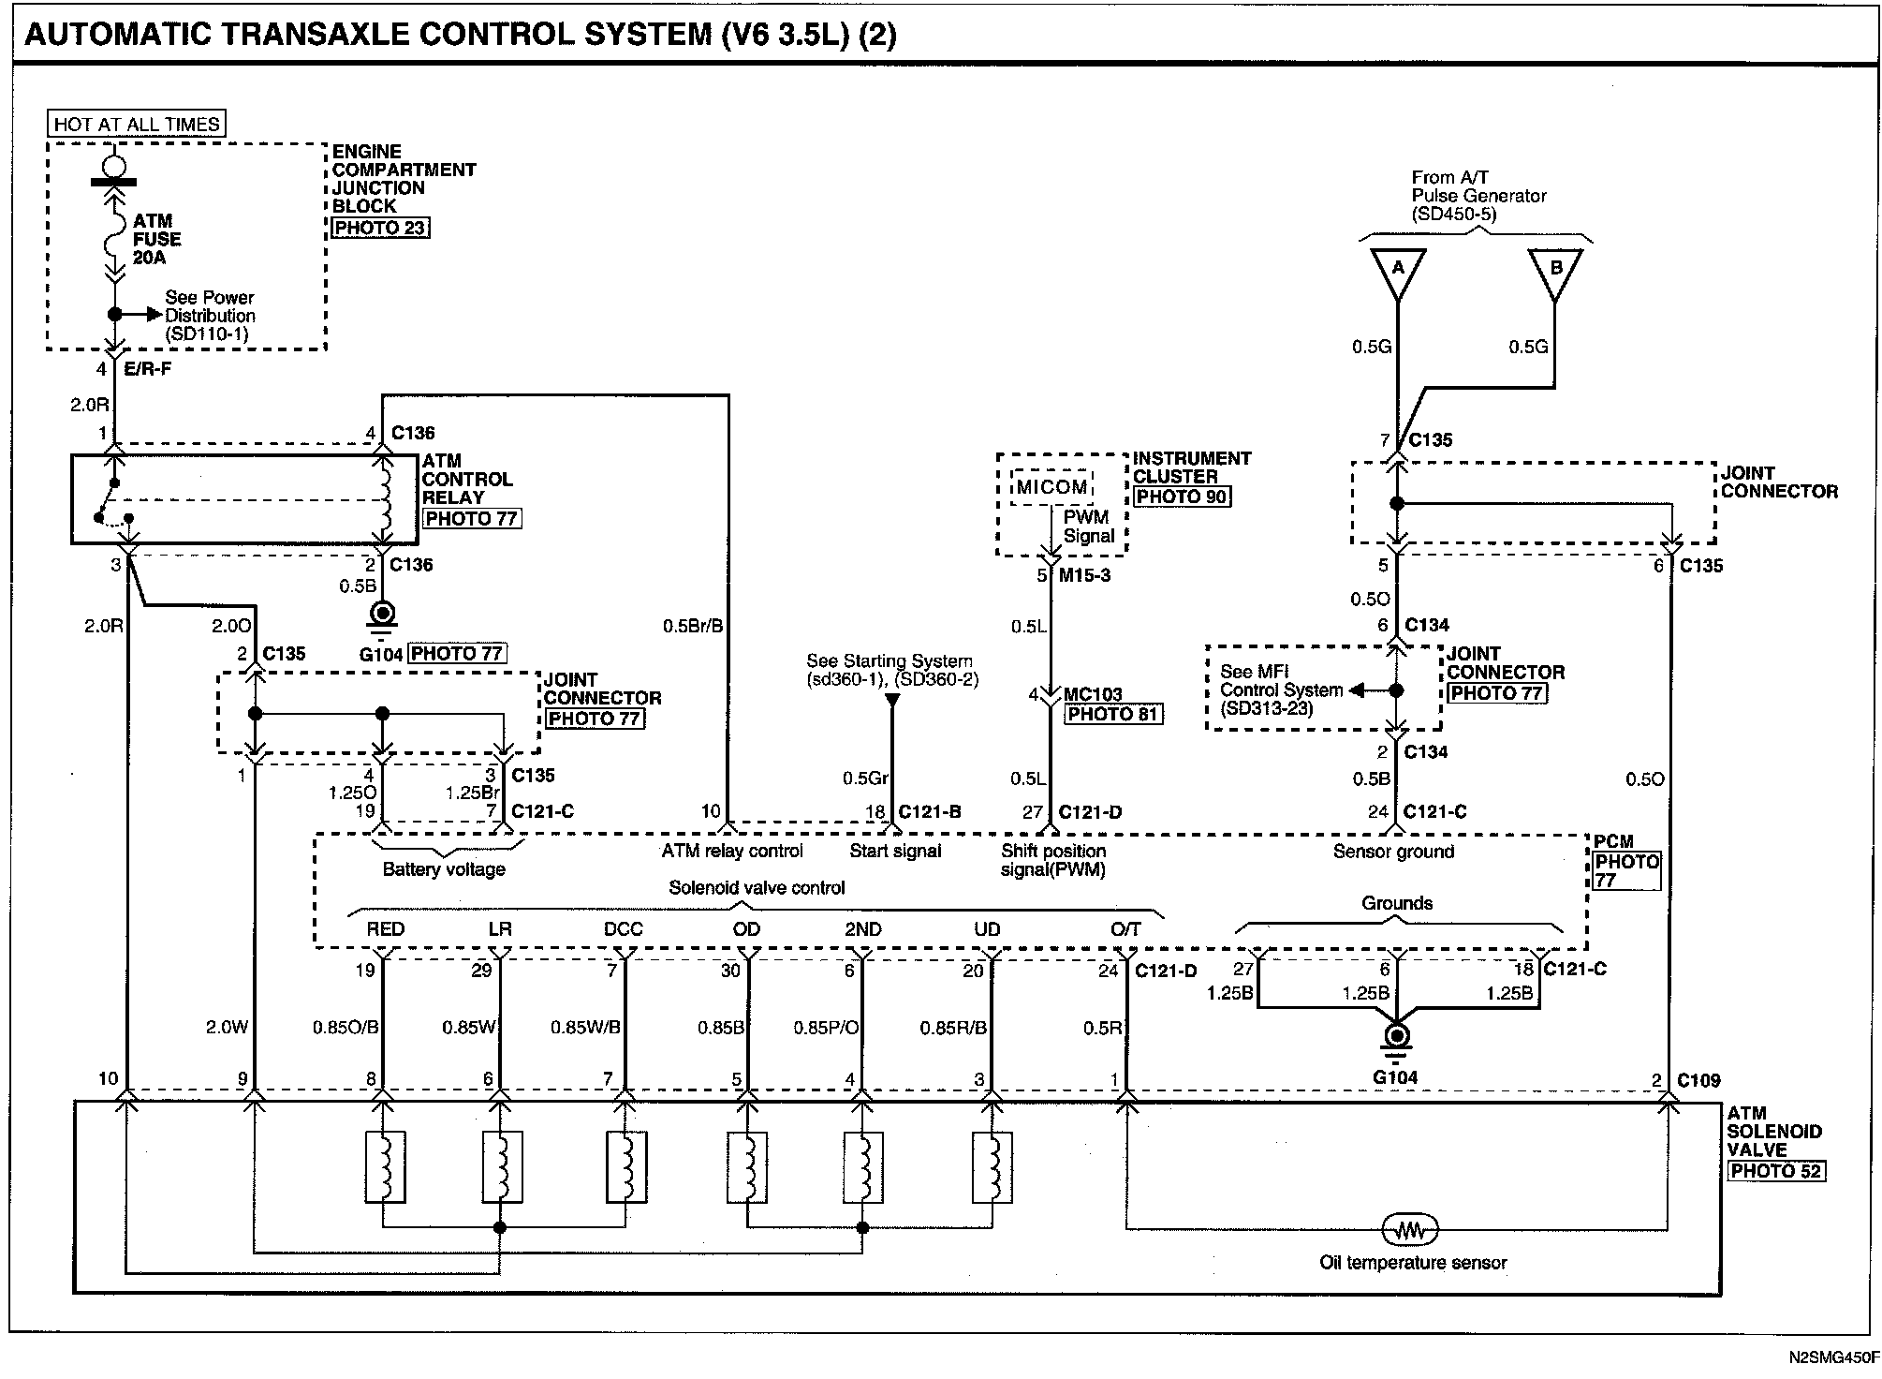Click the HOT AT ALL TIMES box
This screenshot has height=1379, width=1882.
click(137, 124)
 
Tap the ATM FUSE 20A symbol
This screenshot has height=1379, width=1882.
click(114, 238)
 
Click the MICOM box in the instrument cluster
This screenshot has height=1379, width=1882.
click(1052, 487)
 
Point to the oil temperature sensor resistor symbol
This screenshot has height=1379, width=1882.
click(1410, 1228)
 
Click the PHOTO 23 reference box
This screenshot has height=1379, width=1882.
click(380, 228)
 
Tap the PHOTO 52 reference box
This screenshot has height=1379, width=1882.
click(1775, 1170)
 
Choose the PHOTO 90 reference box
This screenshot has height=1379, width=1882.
click(1182, 497)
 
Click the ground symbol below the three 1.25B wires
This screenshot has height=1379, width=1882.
click(1396, 1040)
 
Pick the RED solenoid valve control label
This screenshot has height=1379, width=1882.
click(385, 929)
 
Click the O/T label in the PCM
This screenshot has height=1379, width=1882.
click(1125, 929)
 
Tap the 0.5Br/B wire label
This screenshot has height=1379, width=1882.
click(693, 626)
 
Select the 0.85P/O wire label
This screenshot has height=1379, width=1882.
click(826, 1028)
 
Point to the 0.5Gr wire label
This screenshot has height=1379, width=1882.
click(865, 778)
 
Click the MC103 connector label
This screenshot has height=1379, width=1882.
click(1093, 694)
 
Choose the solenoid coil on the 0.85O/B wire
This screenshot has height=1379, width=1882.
click(384, 1166)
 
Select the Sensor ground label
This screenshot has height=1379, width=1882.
click(1393, 852)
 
